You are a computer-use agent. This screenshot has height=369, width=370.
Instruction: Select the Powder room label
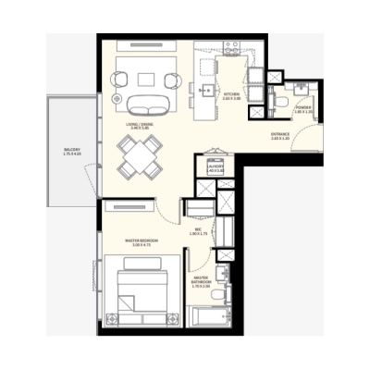tap(302, 107)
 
